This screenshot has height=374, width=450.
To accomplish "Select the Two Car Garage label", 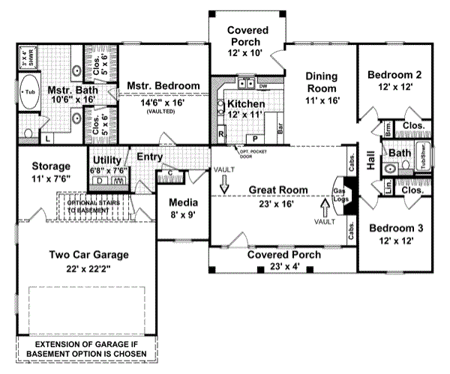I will pyautogui.click(x=88, y=254).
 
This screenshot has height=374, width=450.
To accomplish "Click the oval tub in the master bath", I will pyautogui.click(x=30, y=92).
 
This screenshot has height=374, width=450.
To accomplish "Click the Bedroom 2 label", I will pyautogui.click(x=396, y=75).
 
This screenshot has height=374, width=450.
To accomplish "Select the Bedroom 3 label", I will pyautogui.click(x=396, y=227).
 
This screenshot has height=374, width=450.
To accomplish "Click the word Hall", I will pyautogui.click(x=370, y=163).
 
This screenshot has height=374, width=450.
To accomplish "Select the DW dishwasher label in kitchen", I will pyautogui.click(x=264, y=86).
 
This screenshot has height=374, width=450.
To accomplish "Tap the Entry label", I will pyautogui.click(x=150, y=157).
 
